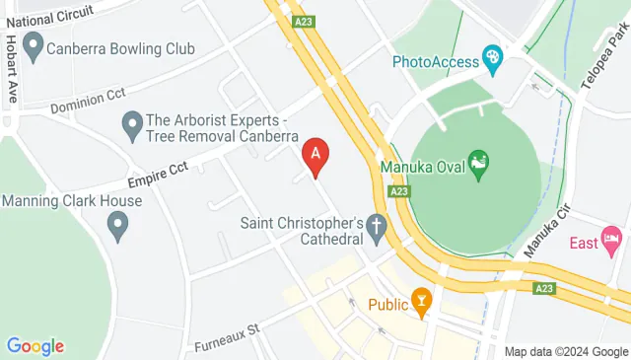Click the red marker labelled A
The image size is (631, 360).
coord(315,154)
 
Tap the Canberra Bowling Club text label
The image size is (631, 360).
coord(124,48)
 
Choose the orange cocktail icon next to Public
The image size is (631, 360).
coord(422,303)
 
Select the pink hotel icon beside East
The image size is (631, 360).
coord(612,240)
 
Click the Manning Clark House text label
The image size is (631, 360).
coord(72,201)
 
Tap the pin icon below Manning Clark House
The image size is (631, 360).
coord(118,229)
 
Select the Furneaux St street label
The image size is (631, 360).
coord(226,336)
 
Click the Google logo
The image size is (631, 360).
coord(35,346)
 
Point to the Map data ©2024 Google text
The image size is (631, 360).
coord(566,351)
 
